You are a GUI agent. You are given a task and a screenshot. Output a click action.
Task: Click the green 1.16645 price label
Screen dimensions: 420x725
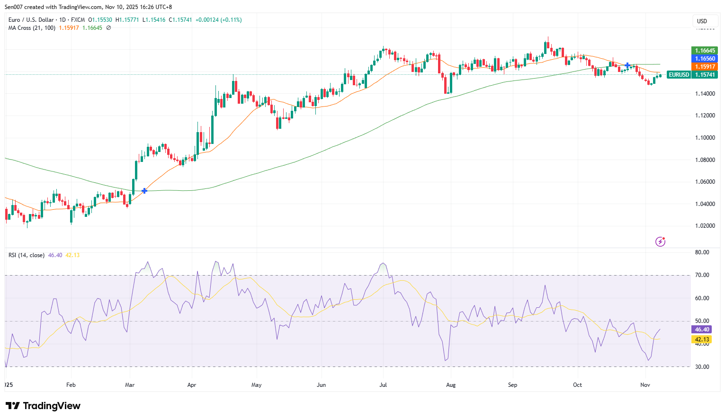[705, 51]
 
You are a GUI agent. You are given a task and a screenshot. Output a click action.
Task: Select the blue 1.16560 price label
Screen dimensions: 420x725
[705, 59]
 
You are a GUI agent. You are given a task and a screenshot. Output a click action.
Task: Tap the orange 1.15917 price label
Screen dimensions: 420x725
[705, 67]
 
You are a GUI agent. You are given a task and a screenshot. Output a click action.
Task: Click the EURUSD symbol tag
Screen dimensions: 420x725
[679, 75]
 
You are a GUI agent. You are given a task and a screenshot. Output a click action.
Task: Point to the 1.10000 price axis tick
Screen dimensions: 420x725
[705, 138]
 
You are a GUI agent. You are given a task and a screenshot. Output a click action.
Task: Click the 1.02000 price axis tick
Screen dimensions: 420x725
[705, 226]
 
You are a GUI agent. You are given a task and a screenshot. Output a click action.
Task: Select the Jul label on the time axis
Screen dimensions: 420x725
[383, 385]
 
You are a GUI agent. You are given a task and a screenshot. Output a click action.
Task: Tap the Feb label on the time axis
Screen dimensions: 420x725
[71, 385]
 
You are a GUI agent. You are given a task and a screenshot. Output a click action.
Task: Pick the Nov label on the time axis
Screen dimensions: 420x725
[645, 385]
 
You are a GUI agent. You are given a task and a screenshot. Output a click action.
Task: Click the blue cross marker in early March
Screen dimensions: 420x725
[144, 191]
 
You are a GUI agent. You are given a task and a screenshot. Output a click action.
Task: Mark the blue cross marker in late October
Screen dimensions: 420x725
[627, 65]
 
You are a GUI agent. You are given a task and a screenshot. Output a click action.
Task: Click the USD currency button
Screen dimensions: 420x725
[702, 21]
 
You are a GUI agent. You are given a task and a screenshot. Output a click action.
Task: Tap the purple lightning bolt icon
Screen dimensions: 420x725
[660, 242]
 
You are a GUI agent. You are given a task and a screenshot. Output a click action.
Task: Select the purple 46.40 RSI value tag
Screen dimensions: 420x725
[702, 330]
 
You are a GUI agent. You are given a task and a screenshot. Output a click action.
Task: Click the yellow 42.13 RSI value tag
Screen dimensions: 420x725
[702, 340]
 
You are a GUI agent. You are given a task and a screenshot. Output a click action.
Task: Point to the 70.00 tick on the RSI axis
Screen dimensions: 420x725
[702, 275]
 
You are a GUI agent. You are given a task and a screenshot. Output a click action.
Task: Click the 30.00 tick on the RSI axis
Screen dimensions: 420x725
[702, 367]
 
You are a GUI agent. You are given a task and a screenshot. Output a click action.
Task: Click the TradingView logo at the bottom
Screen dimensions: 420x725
[43, 406]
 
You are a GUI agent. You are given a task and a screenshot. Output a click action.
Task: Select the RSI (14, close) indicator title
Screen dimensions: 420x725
[27, 255]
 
